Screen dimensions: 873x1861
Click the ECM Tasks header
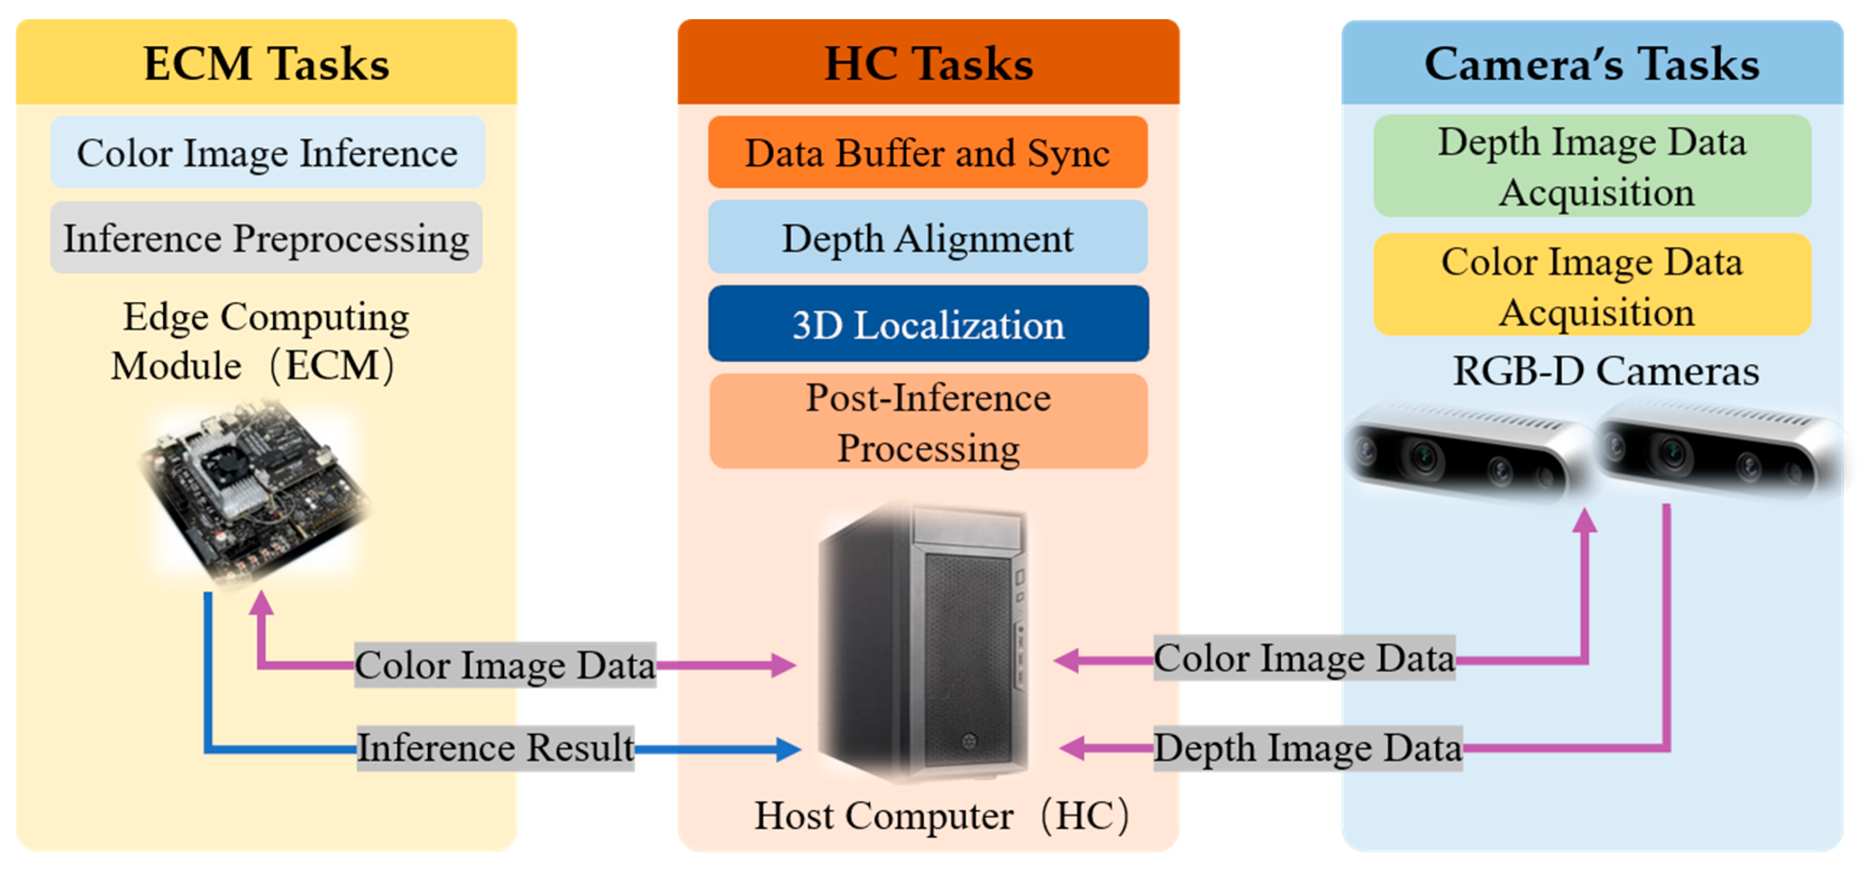[x=267, y=63]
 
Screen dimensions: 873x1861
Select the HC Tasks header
[x=928, y=63]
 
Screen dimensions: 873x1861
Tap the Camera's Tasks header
[x=1592, y=63]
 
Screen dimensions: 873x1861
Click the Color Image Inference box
[x=267, y=153]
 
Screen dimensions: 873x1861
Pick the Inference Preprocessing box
[x=266, y=238]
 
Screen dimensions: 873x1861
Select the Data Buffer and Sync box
[x=928, y=153]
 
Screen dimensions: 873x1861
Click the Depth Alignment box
[x=928, y=238]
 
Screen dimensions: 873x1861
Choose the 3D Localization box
[x=928, y=324]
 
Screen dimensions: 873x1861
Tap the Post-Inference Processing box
[x=928, y=422]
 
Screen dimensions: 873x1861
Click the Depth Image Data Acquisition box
[x=1592, y=166]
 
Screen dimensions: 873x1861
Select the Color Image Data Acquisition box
[x=1592, y=285]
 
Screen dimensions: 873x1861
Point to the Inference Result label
[x=496, y=748]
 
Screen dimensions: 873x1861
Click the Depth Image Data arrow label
[x=1308, y=748]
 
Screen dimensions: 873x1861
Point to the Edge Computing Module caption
[x=260, y=341]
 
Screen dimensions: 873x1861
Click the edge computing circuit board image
[x=253, y=491]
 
